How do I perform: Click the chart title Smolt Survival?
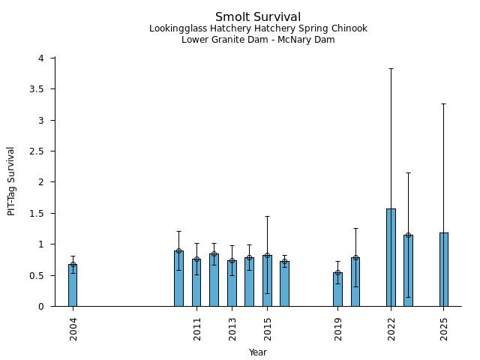coord(258,16)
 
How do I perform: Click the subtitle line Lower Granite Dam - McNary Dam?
coord(258,40)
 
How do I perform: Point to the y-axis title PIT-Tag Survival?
coord(11,181)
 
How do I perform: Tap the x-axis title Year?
coord(258,352)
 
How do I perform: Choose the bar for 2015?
coord(267,281)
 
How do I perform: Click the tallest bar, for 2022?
coord(391,257)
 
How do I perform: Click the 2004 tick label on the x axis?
coord(73,329)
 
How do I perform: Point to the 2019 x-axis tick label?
coord(338,329)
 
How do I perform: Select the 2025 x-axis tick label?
coord(444,329)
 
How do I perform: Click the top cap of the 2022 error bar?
coord(391,68)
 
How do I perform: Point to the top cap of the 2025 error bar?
coord(444,103)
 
